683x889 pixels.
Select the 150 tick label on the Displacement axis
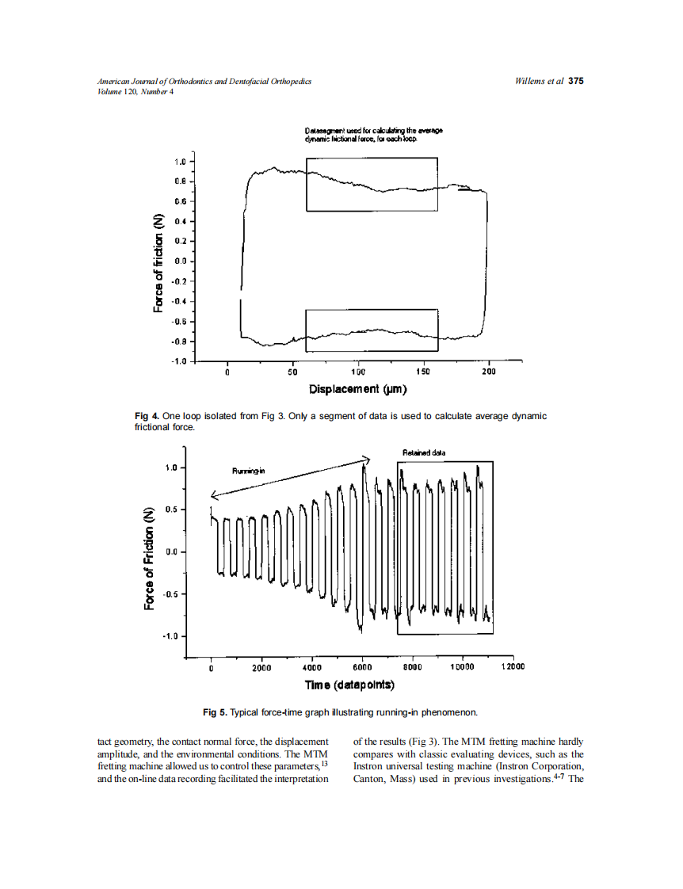click(x=422, y=372)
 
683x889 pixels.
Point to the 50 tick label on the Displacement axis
click(x=292, y=372)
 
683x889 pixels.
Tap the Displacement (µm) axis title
click(x=357, y=389)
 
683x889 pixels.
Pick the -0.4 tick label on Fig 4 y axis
click(x=181, y=301)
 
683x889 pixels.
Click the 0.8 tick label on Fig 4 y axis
click(x=181, y=181)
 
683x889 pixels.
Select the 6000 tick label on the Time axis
click(x=362, y=667)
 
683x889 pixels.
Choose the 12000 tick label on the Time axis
click(x=513, y=667)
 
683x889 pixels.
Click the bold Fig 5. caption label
click(x=215, y=713)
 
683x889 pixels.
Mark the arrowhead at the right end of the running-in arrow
click(x=367, y=458)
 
